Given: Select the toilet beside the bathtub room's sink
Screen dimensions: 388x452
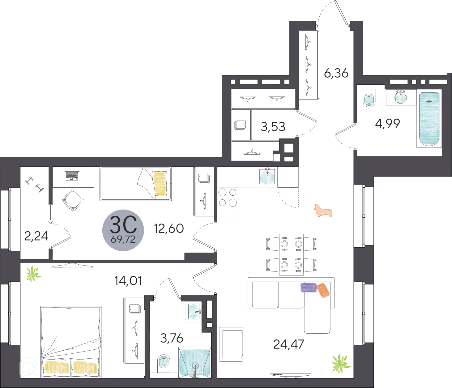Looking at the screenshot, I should click(369, 100).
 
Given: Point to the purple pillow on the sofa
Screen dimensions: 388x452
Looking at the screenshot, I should click(308, 288).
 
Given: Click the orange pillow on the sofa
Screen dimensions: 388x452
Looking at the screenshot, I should click(323, 290).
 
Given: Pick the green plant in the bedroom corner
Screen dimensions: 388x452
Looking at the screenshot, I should click(33, 274).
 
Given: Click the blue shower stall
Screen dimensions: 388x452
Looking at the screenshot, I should click(195, 362).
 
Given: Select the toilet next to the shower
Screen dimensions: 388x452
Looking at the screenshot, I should click(163, 363).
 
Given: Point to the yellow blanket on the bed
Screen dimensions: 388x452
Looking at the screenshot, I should click(160, 184).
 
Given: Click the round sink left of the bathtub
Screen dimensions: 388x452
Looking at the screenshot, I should click(401, 97).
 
